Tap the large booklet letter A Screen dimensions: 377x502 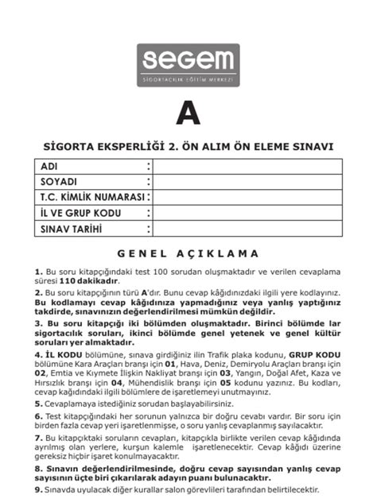pyautogui.click(x=188, y=114)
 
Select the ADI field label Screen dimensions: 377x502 pyautogui.click(x=49, y=167)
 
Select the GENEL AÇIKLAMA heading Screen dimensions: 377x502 pyautogui.click(x=188, y=254)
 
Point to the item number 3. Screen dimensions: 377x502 pyautogui.click(x=38, y=324)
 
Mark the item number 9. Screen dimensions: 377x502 pyautogui.click(x=38, y=490)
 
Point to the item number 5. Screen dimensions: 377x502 pyautogui.click(x=38, y=404)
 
